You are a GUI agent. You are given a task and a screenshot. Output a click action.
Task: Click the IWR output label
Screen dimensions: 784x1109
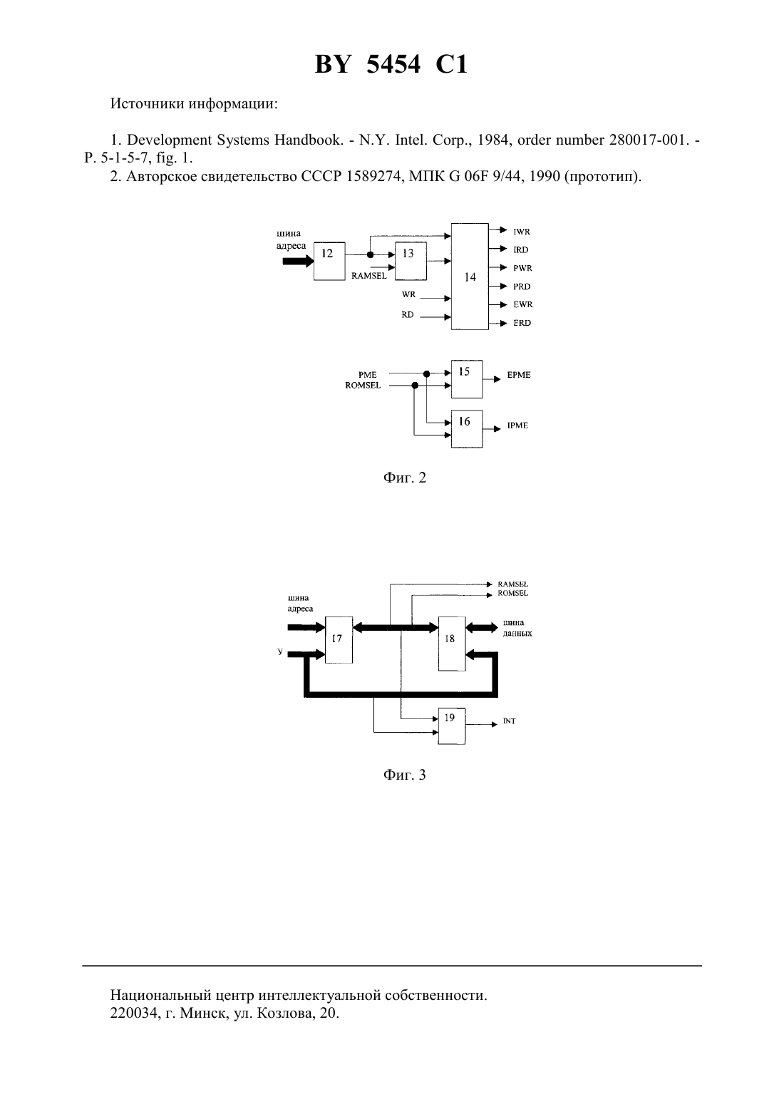point(522,232)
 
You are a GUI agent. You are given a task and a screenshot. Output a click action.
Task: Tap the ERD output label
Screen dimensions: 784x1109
point(522,323)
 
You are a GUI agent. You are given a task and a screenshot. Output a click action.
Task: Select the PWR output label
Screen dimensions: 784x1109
point(522,268)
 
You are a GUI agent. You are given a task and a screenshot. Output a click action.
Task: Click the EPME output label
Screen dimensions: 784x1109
point(519,375)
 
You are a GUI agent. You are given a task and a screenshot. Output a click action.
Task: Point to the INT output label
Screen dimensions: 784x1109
point(510,721)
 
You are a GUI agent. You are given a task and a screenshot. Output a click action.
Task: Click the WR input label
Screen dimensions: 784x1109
point(408,294)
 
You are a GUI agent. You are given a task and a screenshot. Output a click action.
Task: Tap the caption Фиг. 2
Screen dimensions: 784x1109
point(404,478)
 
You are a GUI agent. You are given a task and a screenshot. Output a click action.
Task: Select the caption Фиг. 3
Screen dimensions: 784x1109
point(404,775)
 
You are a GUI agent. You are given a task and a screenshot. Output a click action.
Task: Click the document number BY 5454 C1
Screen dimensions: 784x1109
point(391,64)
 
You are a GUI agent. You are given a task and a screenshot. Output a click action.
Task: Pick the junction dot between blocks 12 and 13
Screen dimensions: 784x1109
point(370,254)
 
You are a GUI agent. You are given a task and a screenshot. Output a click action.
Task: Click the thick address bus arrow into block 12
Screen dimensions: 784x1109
point(298,261)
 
